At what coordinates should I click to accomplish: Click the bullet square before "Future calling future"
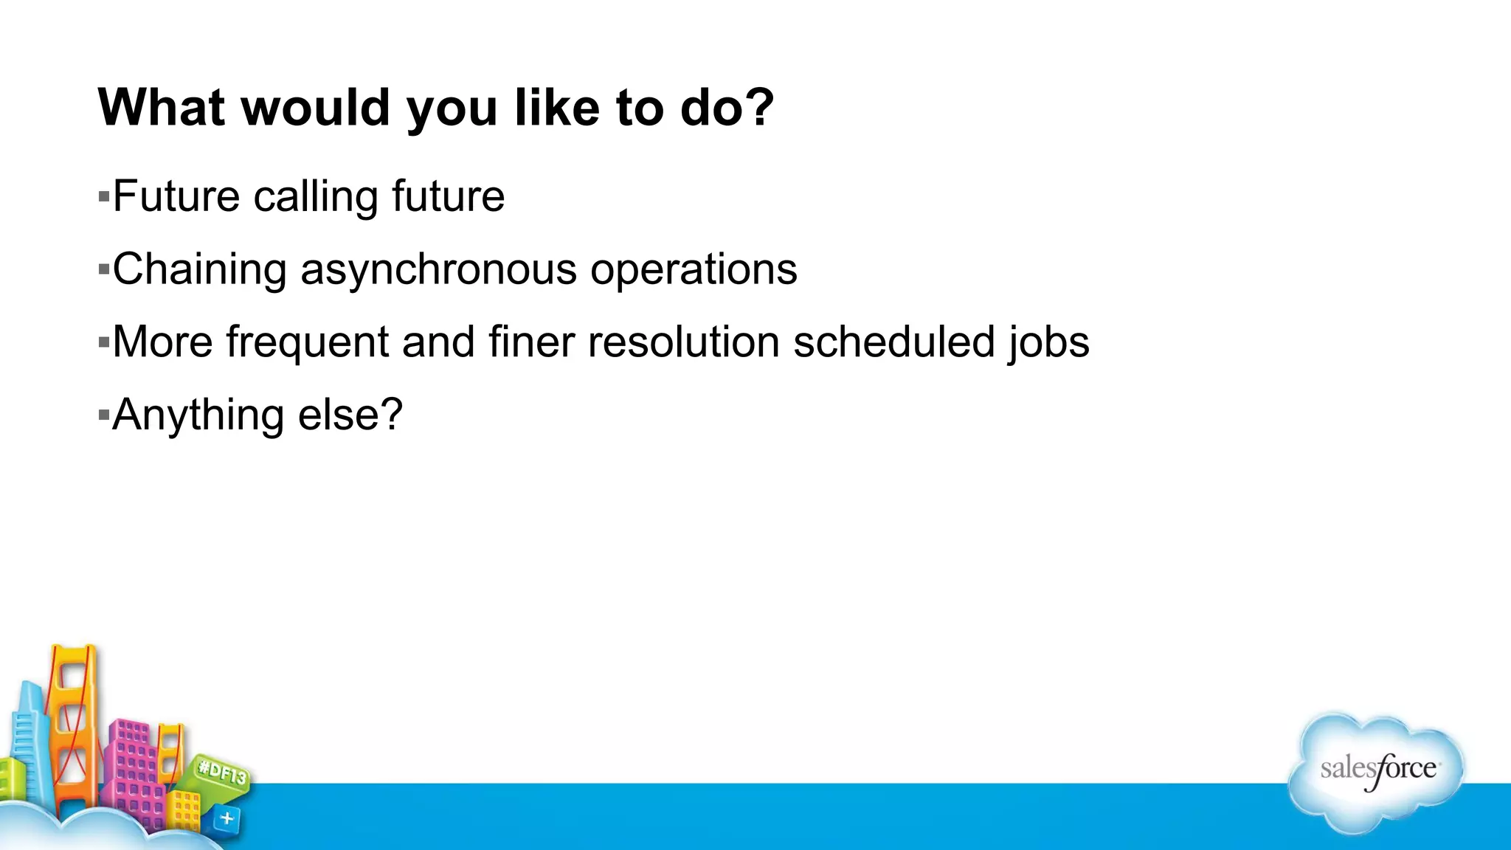click(x=103, y=197)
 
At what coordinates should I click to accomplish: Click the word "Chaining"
click(x=199, y=270)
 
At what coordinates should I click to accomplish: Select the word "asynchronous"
click(x=438, y=270)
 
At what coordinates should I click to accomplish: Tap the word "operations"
click(x=694, y=270)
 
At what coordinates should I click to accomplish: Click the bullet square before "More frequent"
click(x=103, y=342)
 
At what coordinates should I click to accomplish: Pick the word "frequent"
click(x=307, y=342)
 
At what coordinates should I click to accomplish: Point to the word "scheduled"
click(x=894, y=342)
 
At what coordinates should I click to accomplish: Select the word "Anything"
click(x=198, y=415)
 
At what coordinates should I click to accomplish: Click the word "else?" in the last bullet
click(x=350, y=415)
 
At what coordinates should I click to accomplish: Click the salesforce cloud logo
click(x=1377, y=771)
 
